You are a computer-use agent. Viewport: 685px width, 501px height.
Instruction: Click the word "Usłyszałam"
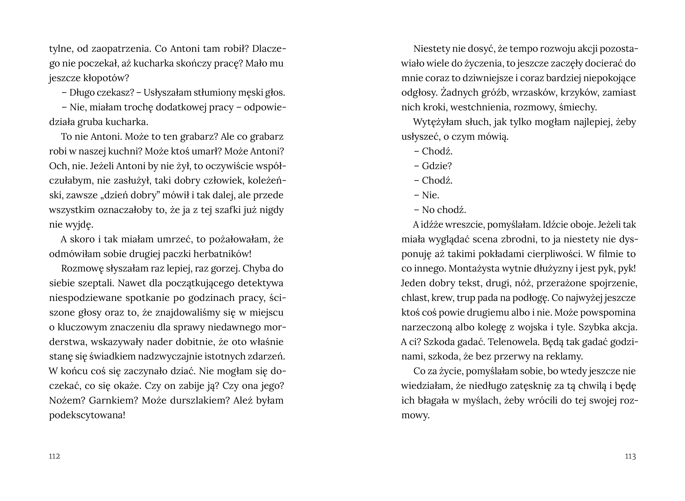point(168,93)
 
